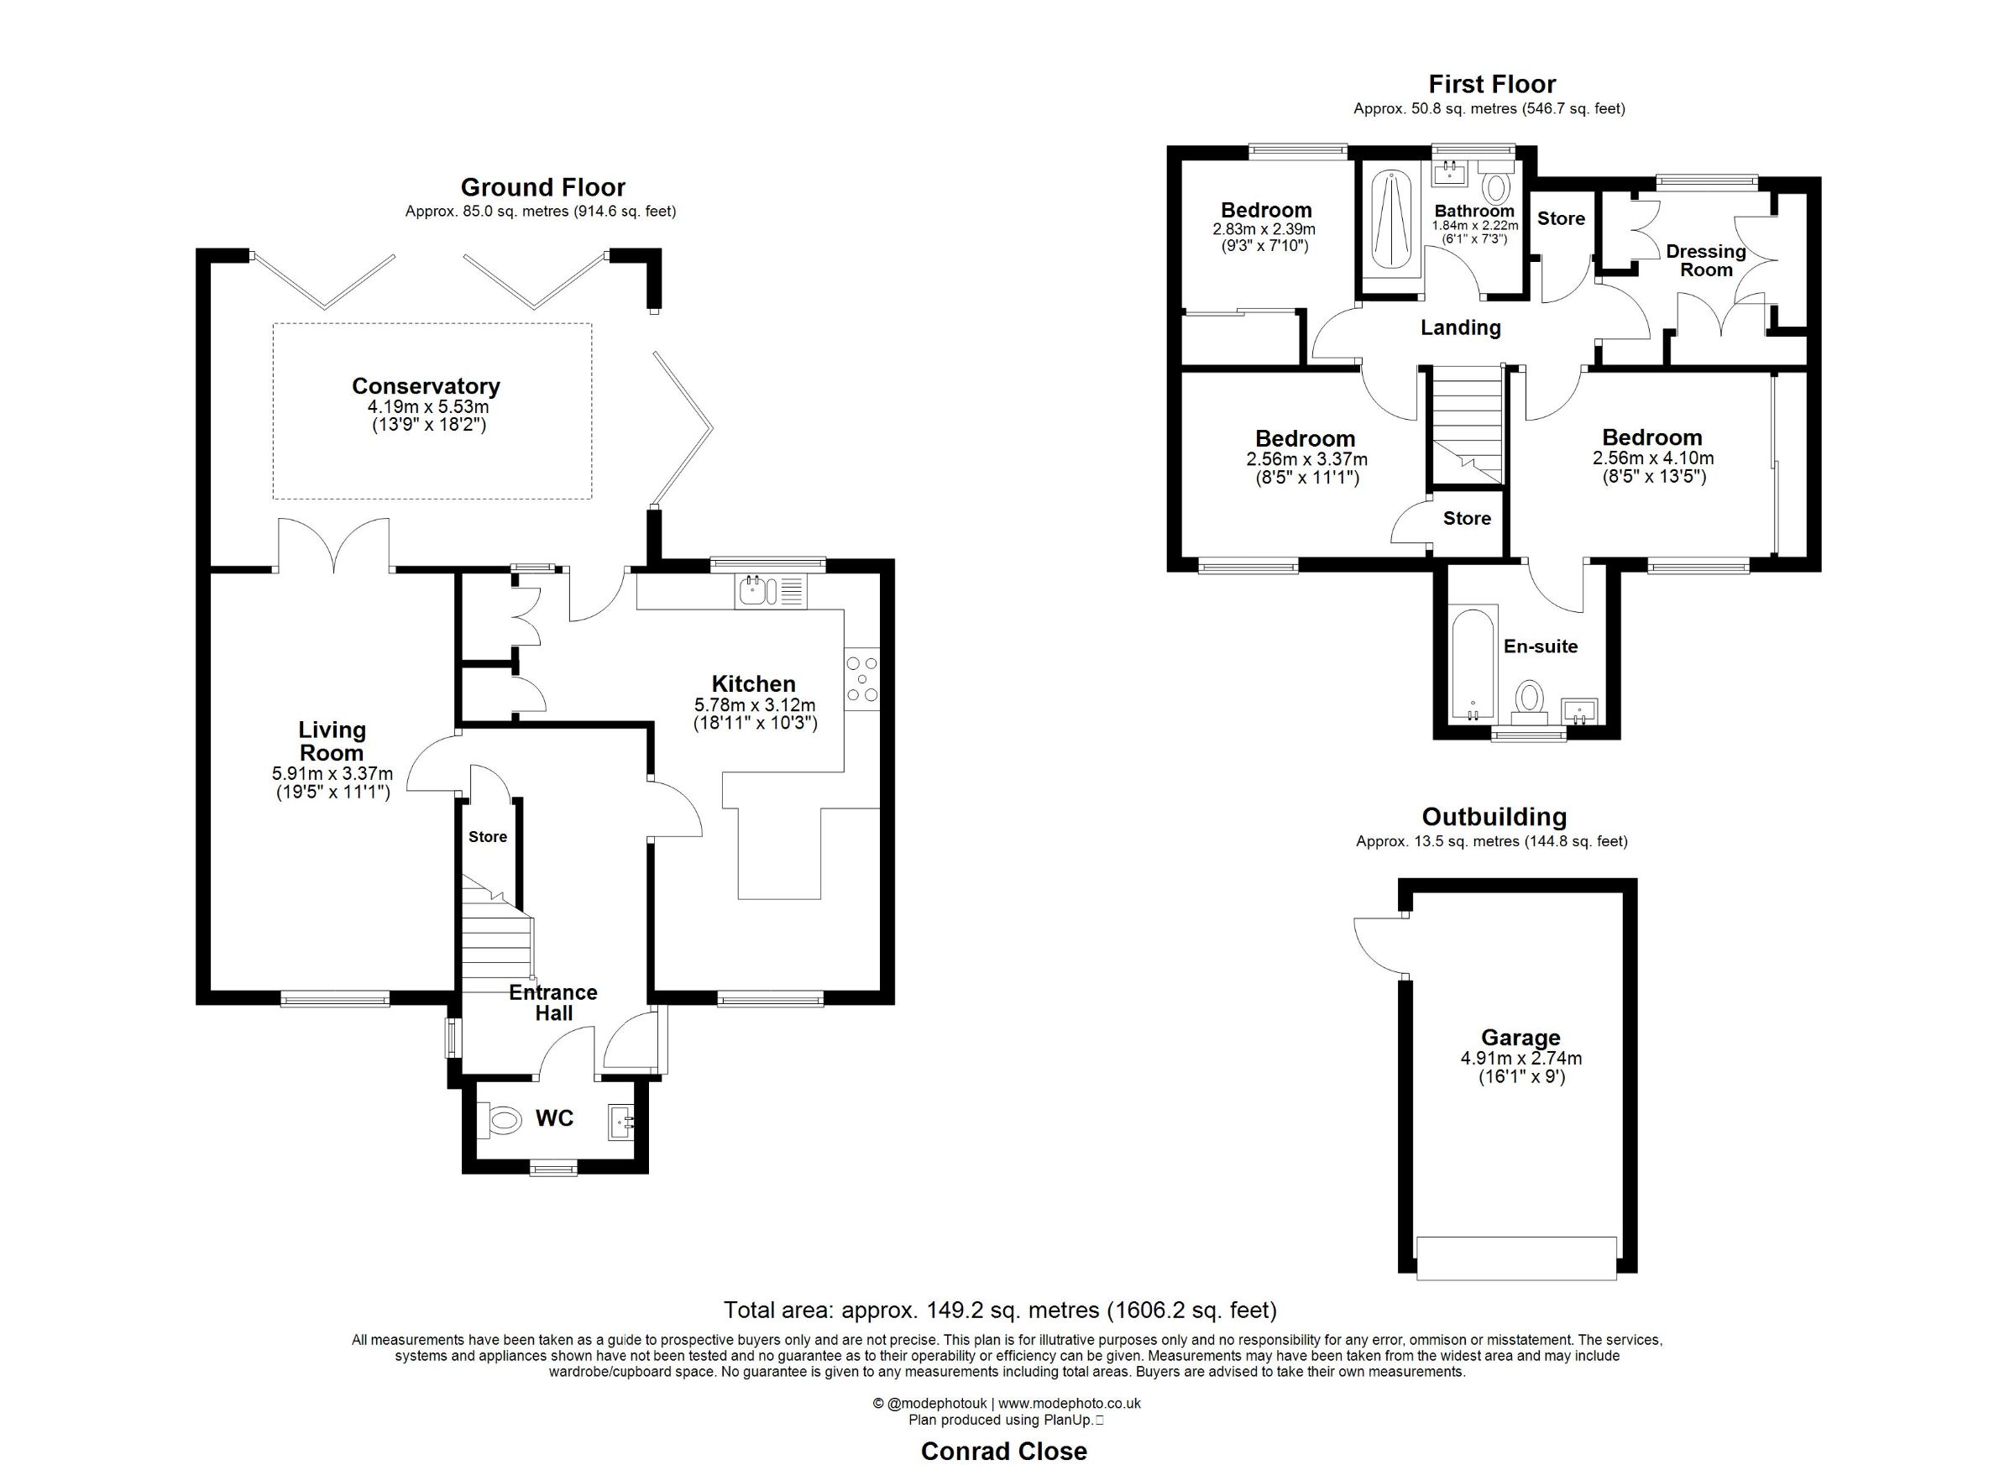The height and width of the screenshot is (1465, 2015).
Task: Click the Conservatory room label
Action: (426, 386)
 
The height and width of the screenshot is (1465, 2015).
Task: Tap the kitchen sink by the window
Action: (770, 592)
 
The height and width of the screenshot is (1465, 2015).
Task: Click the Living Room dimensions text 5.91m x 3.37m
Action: (332, 774)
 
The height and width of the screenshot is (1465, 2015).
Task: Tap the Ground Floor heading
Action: (543, 187)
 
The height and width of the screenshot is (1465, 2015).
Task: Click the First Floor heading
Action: (1492, 85)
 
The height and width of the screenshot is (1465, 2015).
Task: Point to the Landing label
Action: (1461, 327)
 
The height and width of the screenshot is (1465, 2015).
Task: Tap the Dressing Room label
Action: (1706, 260)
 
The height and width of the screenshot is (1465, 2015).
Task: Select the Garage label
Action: (1520, 1038)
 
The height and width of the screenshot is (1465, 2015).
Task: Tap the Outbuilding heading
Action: (1494, 817)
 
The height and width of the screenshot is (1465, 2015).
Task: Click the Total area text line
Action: (1001, 1310)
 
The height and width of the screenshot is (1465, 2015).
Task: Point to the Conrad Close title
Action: (1004, 1451)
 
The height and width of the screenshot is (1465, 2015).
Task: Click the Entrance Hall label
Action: (552, 1003)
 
